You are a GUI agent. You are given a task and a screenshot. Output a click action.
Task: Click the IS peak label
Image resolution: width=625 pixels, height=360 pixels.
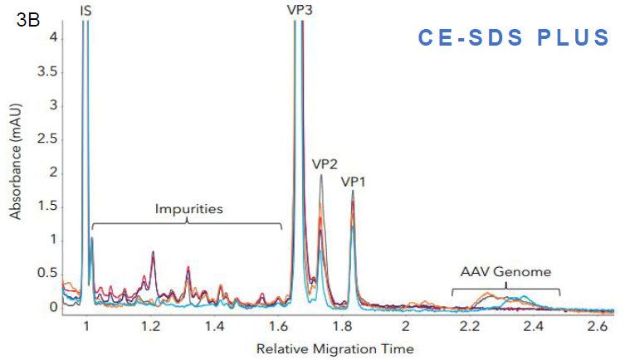[x=86, y=11]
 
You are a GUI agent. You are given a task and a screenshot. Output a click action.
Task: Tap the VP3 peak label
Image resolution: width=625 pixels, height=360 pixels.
[x=299, y=10]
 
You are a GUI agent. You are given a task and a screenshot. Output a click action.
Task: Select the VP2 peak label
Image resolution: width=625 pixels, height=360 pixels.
[x=326, y=164]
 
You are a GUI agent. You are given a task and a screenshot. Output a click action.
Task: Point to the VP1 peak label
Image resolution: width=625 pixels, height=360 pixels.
[x=354, y=180]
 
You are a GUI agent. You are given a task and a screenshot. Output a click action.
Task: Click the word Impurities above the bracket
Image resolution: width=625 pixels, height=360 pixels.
[x=189, y=209]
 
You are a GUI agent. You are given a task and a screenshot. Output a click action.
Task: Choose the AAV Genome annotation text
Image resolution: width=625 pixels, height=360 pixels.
[x=505, y=271]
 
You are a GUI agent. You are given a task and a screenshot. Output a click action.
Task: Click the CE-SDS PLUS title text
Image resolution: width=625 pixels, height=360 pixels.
[x=514, y=38]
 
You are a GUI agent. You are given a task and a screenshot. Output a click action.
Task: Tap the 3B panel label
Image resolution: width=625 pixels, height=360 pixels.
[x=27, y=21]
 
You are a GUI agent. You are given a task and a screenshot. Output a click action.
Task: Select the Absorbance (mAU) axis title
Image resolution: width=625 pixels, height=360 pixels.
[x=16, y=155]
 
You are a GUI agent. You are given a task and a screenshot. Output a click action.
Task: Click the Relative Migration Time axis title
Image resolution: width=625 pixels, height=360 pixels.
[x=334, y=348]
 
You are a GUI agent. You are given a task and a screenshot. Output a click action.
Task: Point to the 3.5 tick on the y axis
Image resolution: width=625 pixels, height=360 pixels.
[x=48, y=72]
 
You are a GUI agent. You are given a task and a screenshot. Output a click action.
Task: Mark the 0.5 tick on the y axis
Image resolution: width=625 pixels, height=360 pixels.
[x=48, y=274]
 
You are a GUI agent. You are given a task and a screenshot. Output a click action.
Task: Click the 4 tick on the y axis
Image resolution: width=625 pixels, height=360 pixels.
[x=53, y=38]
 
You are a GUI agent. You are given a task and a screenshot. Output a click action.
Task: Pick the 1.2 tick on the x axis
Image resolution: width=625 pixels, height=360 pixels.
[x=150, y=326]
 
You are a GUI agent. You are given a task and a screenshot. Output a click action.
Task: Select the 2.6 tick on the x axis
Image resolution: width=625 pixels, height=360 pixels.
[x=598, y=326]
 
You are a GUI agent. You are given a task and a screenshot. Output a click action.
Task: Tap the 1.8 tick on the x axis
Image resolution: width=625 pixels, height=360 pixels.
[x=342, y=326]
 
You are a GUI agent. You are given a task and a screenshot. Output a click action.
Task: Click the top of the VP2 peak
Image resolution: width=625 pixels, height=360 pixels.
[x=321, y=175]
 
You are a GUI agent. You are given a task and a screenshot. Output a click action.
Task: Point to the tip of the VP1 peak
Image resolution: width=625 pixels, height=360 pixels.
[x=353, y=192]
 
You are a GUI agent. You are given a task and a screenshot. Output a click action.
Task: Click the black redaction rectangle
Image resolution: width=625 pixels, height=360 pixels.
[x=496, y=157]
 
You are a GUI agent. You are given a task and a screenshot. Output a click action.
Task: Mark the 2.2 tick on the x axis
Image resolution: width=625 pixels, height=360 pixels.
[x=470, y=326]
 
